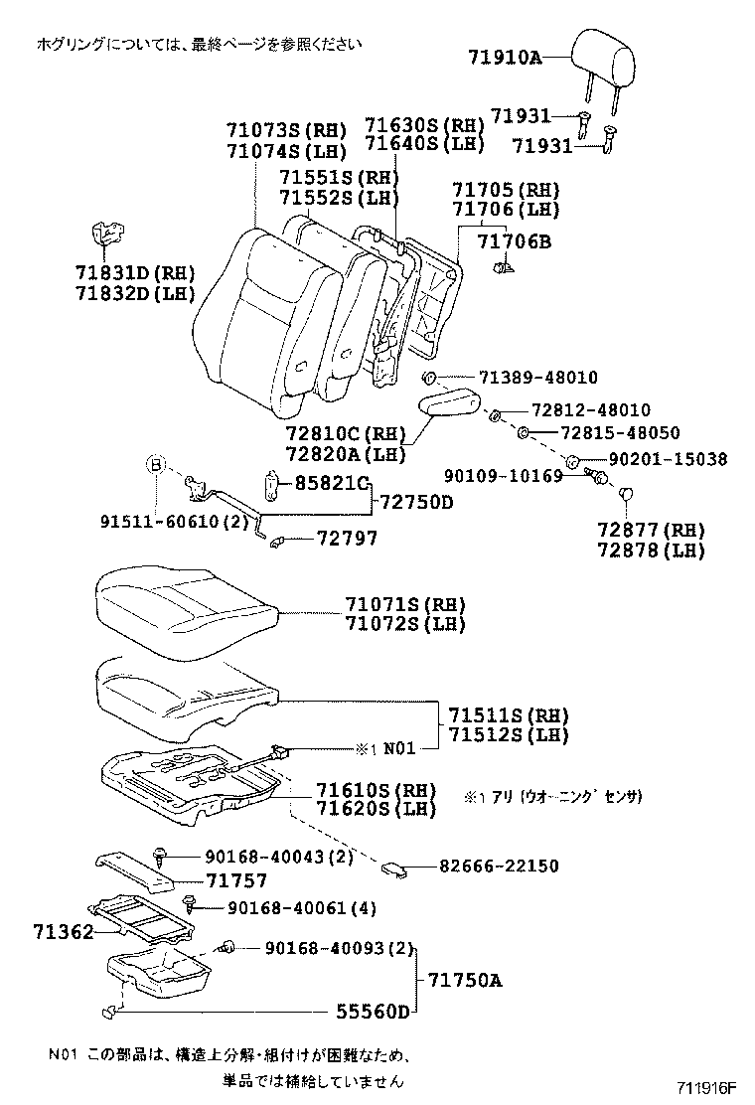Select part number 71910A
click(505, 58)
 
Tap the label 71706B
click(513, 241)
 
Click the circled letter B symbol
click(156, 463)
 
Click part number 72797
click(347, 538)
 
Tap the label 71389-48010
click(537, 378)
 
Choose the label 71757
click(237, 879)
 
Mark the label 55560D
click(372, 1012)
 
